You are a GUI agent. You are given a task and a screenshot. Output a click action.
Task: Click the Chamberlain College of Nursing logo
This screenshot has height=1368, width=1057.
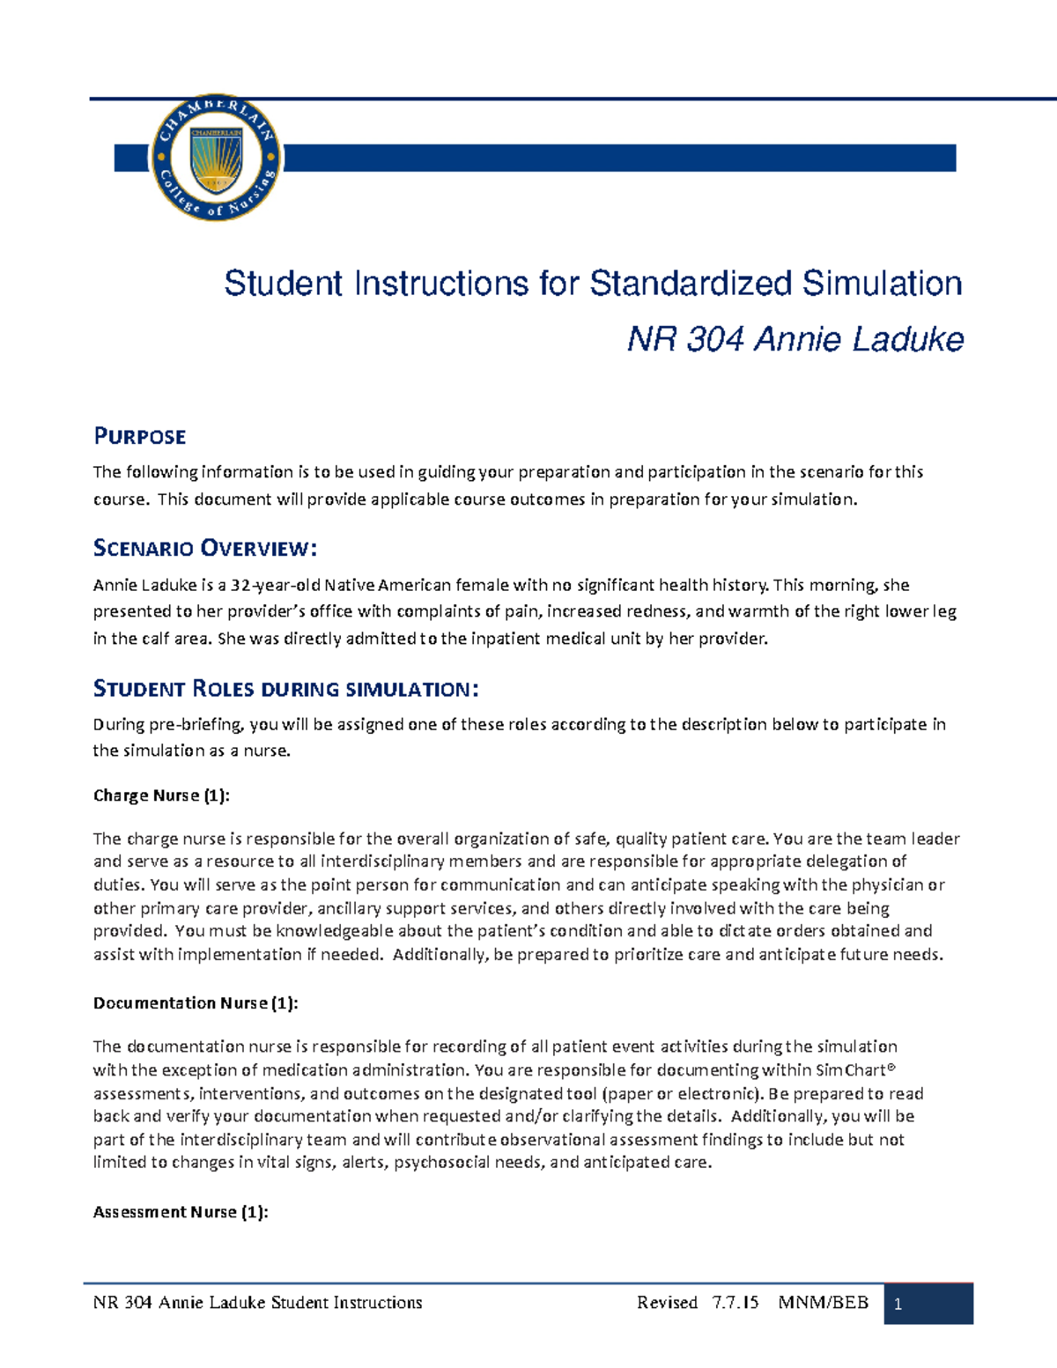coord(217,158)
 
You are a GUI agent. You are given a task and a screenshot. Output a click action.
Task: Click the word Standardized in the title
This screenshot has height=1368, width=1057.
coord(691,284)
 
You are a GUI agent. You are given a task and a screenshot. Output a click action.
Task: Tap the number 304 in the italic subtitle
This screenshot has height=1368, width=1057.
coord(713,339)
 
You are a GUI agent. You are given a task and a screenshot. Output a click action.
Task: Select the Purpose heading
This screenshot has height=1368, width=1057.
coord(140,436)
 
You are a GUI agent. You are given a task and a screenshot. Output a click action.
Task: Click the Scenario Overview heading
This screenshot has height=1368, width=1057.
coord(204,548)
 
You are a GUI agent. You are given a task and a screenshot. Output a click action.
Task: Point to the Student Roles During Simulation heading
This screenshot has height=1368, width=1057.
coord(285,688)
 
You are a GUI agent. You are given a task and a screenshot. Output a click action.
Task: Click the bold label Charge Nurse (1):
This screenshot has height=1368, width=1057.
coord(161,795)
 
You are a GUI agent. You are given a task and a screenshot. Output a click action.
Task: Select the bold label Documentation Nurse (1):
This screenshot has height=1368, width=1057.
coord(196,1002)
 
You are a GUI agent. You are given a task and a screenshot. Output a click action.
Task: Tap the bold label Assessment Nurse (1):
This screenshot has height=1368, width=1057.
coord(181,1212)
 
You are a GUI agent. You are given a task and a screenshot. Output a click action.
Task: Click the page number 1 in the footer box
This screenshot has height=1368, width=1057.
coord(898,1305)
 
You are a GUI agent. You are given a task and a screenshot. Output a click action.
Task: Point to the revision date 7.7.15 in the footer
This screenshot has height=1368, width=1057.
coord(735,1303)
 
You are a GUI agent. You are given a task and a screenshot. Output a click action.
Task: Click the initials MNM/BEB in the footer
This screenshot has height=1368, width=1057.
coord(824,1303)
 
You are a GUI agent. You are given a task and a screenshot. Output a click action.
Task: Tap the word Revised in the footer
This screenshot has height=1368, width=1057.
coord(667,1303)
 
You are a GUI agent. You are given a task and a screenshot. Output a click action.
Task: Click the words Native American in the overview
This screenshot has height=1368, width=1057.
coord(388,585)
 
